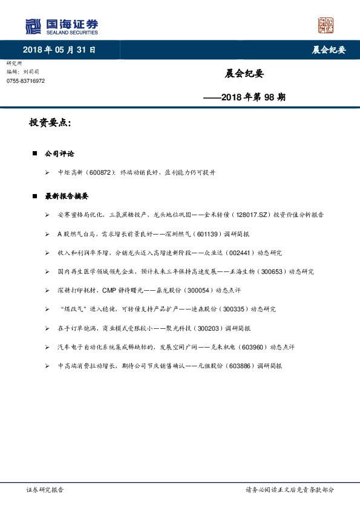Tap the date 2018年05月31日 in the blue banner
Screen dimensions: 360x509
coord(59,50)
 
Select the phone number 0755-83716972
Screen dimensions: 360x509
coord(25,81)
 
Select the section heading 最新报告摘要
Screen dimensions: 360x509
coord(67,196)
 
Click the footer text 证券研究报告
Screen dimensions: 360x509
coord(45,490)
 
